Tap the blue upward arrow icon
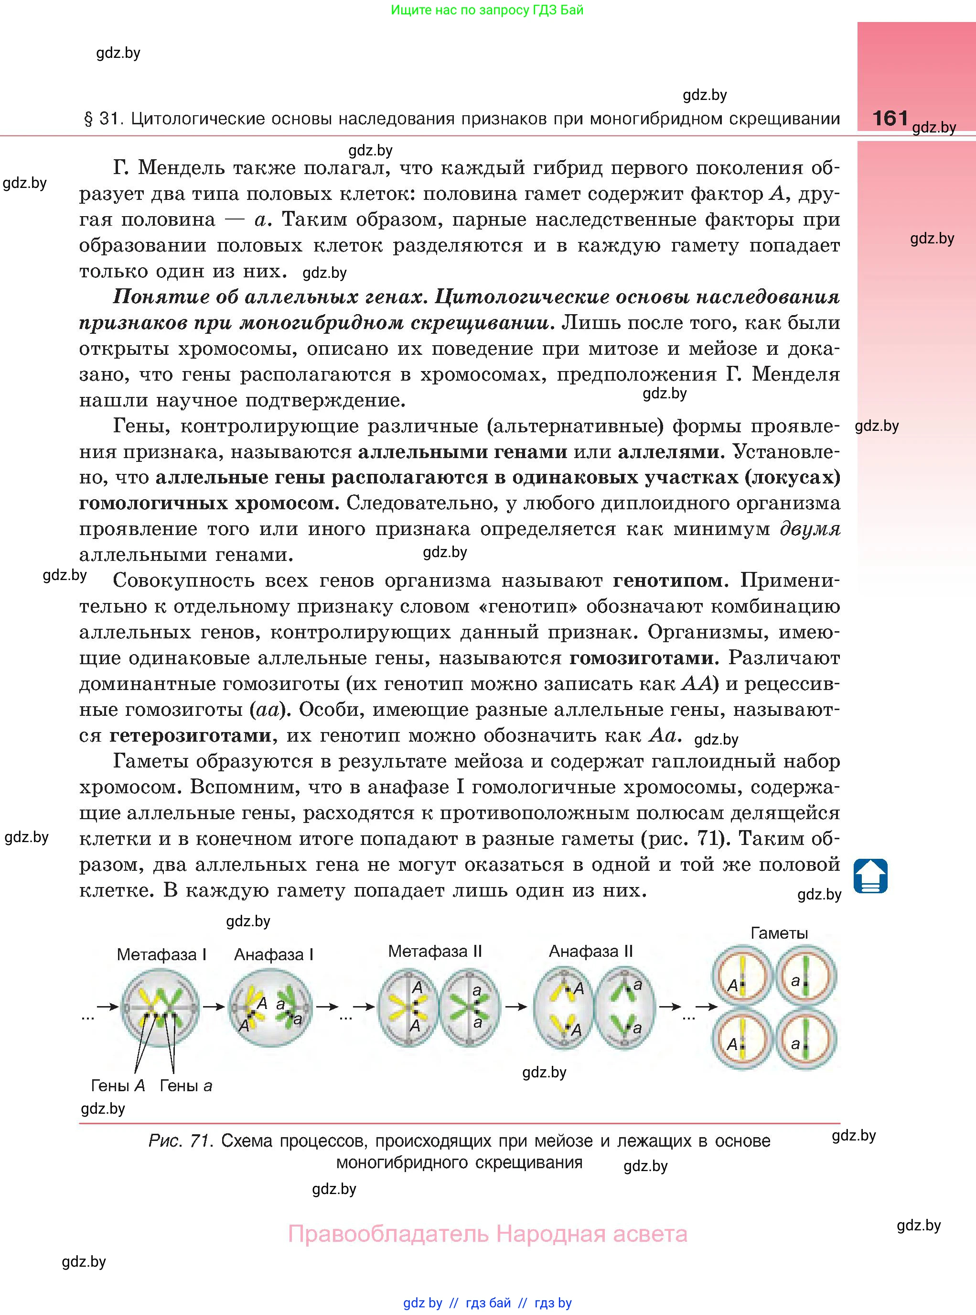click(870, 876)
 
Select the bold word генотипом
click(667, 581)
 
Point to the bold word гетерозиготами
click(190, 735)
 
